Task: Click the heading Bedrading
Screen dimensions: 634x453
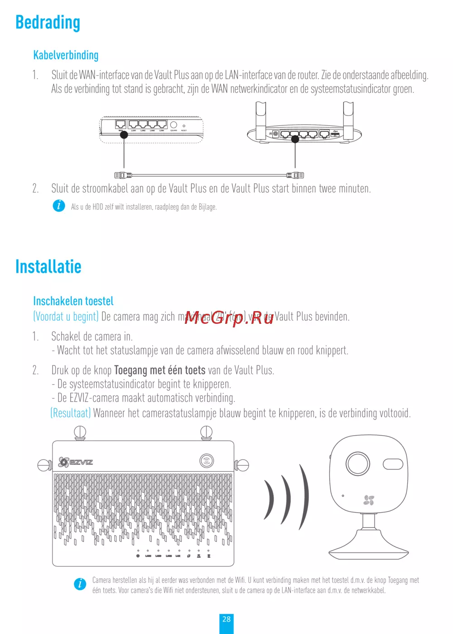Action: click(x=48, y=23)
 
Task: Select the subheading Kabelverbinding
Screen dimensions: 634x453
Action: click(x=66, y=55)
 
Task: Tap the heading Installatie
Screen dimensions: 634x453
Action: click(x=48, y=267)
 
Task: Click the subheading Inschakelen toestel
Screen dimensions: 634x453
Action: click(x=73, y=301)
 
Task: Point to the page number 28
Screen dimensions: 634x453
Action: click(x=226, y=619)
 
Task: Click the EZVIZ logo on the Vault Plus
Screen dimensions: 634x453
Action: click(x=76, y=462)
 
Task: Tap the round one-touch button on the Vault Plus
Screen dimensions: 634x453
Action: click(x=207, y=461)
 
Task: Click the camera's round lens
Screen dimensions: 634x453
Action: click(x=358, y=463)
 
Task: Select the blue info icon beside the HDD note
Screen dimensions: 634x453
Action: click(x=59, y=206)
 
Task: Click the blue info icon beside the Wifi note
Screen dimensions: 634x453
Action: click(x=80, y=584)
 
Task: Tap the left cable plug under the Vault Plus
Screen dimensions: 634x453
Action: click(x=123, y=175)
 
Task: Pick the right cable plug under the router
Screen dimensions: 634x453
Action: click(x=295, y=175)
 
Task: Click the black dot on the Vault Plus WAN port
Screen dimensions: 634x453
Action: click(x=124, y=134)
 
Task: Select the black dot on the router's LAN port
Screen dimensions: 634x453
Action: click(x=295, y=139)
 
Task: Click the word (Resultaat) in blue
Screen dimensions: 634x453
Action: click(x=71, y=413)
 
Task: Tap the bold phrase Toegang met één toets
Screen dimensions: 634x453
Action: click(x=159, y=370)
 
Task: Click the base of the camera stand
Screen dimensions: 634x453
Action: click(x=368, y=552)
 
